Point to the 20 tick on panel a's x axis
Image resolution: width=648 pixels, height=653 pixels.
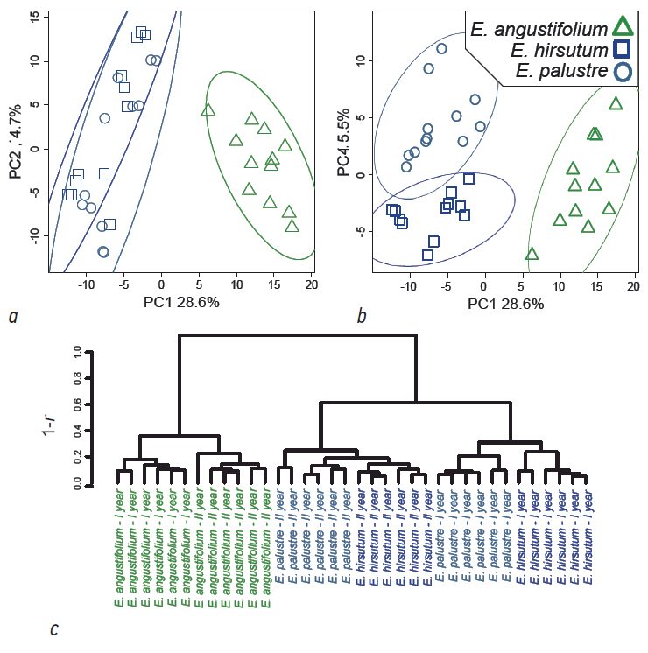311,284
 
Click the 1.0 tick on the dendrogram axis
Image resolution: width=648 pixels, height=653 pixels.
78,352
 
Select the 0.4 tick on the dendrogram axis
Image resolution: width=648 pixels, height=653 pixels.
78,431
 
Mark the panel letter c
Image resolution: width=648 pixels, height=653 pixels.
55,628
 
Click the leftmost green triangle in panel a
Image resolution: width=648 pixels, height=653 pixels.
208,110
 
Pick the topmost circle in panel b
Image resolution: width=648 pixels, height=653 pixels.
441,49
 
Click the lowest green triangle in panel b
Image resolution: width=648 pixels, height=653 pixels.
532,255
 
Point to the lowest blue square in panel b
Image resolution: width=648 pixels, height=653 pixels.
427,256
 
